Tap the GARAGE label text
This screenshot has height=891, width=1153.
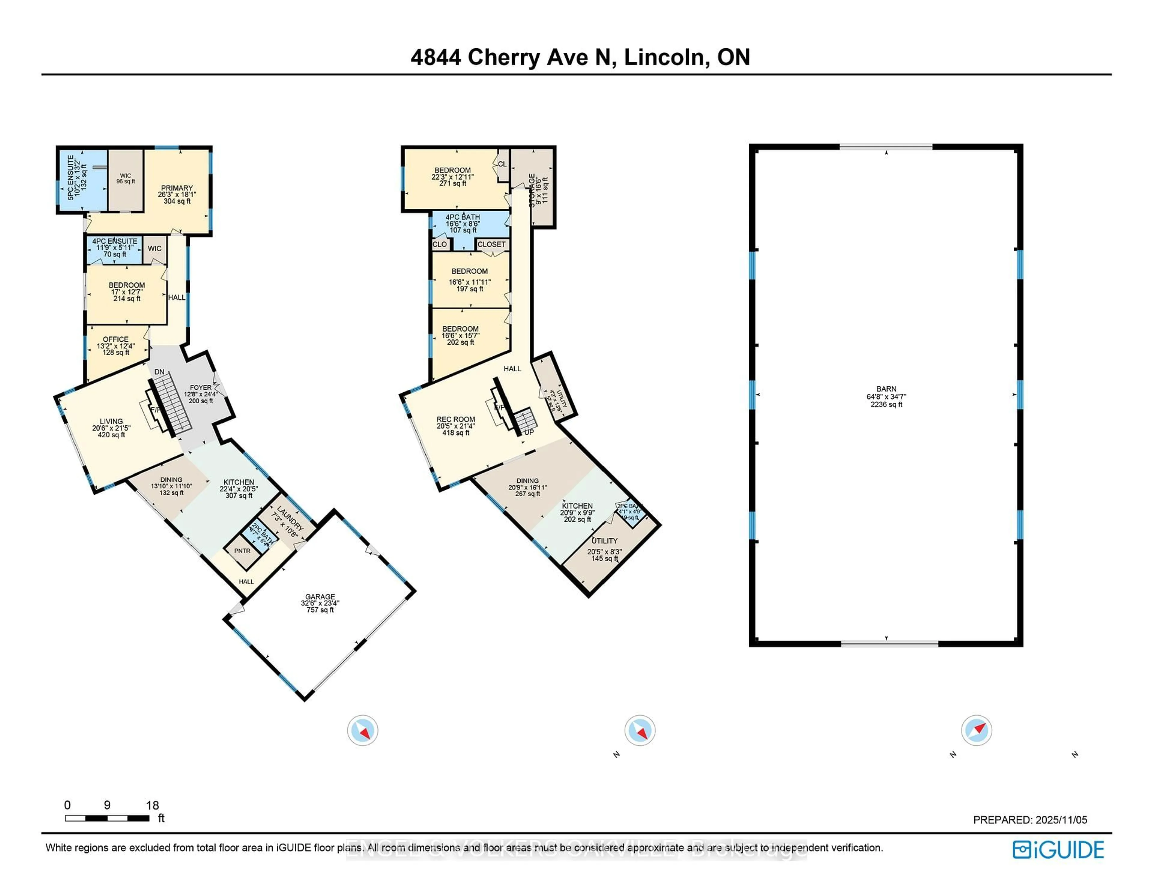(x=320, y=597)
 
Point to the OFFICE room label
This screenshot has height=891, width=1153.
(x=116, y=340)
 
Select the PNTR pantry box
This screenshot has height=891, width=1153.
(x=242, y=551)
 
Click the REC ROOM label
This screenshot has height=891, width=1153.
(x=455, y=419)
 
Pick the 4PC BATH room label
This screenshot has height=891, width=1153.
(x=462, y=217)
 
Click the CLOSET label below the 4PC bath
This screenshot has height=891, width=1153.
(x=492, y=244)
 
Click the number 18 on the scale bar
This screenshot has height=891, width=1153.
(x=152, y=805)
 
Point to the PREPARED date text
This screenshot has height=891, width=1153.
(x=1030, y=820)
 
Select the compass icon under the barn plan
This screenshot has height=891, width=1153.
(x=976, y=730)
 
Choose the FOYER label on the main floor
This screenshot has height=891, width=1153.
(x=201, y=388)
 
